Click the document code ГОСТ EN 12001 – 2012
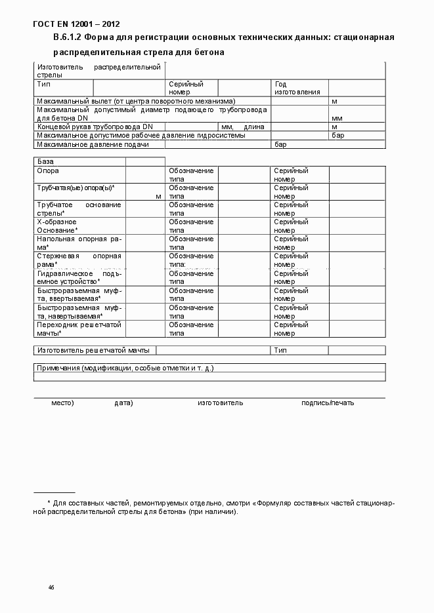coord(76,24)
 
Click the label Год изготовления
coord(297,89)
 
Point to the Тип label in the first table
coord(44,84)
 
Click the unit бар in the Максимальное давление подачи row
coord(280,144)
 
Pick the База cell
coord(45,161)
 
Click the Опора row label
coord(48,170)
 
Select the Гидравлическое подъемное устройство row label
coord(79,277)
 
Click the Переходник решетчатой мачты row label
coord(79,328)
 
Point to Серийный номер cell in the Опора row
coord(290,175)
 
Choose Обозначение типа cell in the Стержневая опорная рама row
coord(191,260)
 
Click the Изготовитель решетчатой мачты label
coord(93,351)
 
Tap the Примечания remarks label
coord(125,368)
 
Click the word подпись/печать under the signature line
coord(328,403)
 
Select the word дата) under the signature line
coord(123,403)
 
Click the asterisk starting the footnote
coord(49,502)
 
